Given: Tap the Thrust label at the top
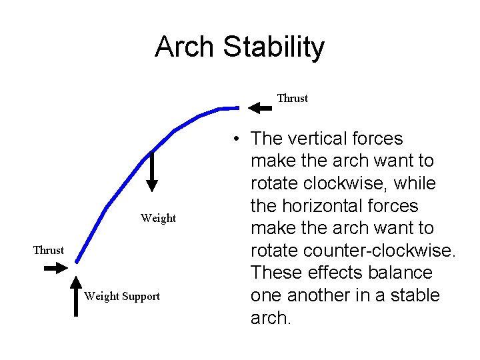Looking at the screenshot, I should coord(293,99).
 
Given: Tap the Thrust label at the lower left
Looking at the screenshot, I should coord(49,251).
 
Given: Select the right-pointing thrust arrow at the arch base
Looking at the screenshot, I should coord(54,269).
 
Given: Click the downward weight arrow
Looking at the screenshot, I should coord(152,172).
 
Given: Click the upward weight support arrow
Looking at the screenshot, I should coord(75,297).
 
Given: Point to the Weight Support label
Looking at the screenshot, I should coord(122,297).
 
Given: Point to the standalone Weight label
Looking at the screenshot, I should coord(159,219).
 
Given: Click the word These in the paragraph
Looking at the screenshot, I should coord(275,273).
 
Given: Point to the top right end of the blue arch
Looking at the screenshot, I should coord(237,107).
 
